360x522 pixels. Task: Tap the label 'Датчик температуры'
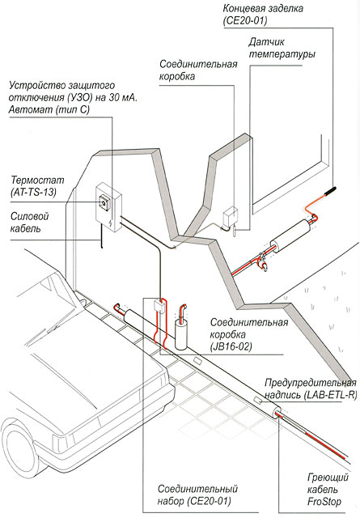282,48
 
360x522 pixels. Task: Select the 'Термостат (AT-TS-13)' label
37,186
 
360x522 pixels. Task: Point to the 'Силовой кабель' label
29,222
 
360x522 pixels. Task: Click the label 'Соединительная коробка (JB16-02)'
249,334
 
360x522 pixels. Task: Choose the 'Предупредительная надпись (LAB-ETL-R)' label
311,388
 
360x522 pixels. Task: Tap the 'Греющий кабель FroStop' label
328,490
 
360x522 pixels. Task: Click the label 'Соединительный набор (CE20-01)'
197,494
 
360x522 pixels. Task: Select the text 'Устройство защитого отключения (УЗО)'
61,92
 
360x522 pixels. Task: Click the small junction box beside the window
230,216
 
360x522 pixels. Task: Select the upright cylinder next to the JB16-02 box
181,334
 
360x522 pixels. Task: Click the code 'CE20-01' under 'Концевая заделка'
246,20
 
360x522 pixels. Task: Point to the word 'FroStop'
324,501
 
